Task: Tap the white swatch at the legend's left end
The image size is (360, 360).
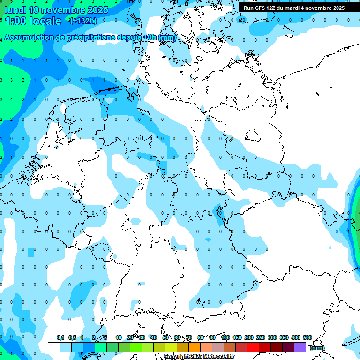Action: [54, 347]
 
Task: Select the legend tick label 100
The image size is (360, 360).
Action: [225, 338]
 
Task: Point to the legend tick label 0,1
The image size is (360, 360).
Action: [60, 338]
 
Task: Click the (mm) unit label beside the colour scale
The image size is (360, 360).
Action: [317, 348]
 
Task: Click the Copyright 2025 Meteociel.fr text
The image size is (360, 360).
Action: [199, 356]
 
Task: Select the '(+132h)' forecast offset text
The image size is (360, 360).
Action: [83, 21]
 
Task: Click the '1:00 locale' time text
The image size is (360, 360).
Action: [33, 21]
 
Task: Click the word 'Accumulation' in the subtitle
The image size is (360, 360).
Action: [29, 37]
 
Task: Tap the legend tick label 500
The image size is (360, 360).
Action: [307, 338]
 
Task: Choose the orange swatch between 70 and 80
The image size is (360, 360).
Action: [195, 347]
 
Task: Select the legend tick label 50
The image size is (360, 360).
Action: [165, 338]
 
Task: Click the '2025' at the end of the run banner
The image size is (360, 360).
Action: [338, 8]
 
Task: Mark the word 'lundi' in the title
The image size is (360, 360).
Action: [15, 9]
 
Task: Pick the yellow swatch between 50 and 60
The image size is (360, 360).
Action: [171, 347]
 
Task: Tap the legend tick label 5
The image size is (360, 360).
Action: [105, 338]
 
